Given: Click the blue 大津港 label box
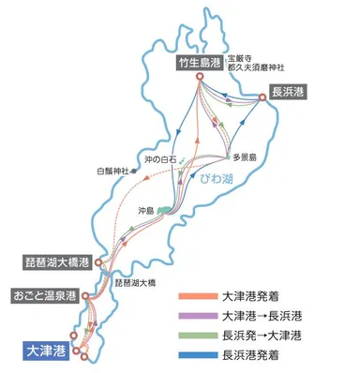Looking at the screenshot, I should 42,351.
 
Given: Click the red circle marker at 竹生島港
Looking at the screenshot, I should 200,78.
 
